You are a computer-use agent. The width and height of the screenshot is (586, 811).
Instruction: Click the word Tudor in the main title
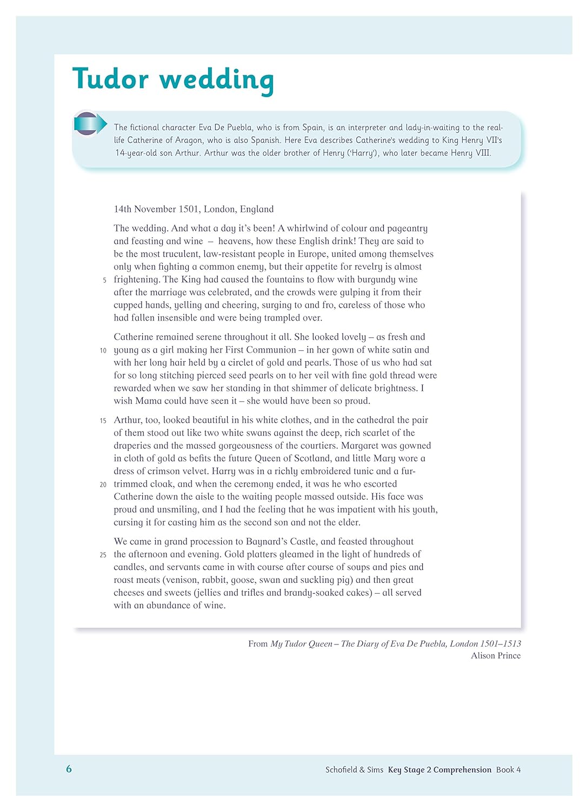pyautogui.click(x=110, y=79)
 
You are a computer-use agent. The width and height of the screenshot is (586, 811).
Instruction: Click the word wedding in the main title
pyautogui.click(x=217, y=80)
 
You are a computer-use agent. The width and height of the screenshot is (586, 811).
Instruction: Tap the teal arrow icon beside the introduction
pyautogui.click(x=90, y=124)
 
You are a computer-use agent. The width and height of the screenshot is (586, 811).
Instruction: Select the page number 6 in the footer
pyautogui.click(x=69, y=769)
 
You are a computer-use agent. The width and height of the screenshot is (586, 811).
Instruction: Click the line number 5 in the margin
pyautogui.click(x=104, y=281)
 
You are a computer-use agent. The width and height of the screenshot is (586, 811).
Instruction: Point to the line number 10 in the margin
pyautogui.click(x=103, y=351)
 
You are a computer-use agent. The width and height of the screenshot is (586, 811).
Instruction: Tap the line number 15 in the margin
pyautogui.click(x=103, y=421)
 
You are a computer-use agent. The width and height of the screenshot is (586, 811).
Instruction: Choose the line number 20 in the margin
pyautogui.click(x=103, y=485)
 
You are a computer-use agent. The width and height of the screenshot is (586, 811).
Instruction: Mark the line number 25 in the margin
pyautogui.click(x=103, y=555)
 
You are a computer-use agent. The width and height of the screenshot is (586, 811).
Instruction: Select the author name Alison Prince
pyautogui.click(x=495, y=656)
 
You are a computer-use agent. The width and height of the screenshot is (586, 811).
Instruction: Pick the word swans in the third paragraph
pyautogui.click(x=246, y=433)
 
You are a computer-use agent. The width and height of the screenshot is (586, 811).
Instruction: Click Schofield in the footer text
pyautogui.click(x=341, y=770)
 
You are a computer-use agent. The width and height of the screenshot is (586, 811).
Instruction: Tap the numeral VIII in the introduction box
pyautogui.click(x=482, y=153)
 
